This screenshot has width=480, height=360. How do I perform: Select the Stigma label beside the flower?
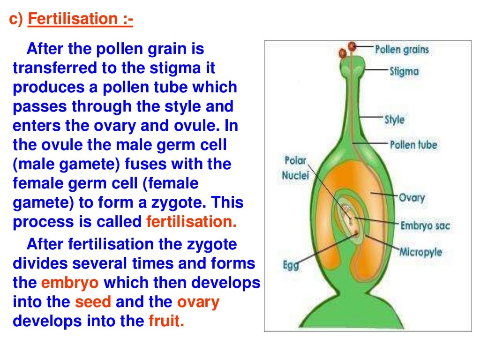pos(404,72)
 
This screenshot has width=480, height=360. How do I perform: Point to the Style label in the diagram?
pos(394,120)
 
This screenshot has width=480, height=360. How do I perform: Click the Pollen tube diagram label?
pos(413,144)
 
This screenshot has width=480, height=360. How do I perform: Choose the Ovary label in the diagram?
pos(412,197)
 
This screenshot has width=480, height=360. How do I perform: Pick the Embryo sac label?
pos(425,226)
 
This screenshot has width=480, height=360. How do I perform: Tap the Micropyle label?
pos(420,252)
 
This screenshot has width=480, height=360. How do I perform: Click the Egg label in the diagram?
pos(291,266)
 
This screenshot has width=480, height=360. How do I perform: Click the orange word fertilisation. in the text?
pos(191,222)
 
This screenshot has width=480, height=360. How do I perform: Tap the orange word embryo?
pos(70,283)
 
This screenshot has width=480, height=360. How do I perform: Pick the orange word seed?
pos(93,302)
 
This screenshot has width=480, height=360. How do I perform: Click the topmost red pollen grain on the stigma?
pos(352,46)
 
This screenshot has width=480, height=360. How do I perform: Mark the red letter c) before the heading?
pos(16,20)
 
